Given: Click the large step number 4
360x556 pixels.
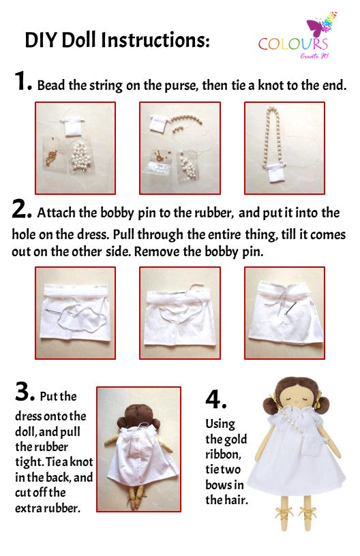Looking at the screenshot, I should pyautogui.click(x=216, y=399).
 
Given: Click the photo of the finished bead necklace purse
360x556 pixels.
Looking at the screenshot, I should pyautogui.click(x=284, y=148).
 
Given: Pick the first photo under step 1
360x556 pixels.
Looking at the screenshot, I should pyautogui.click(x=75, y=148).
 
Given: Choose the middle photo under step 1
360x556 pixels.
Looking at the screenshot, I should pyautogui.click(x=179, y=148).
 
